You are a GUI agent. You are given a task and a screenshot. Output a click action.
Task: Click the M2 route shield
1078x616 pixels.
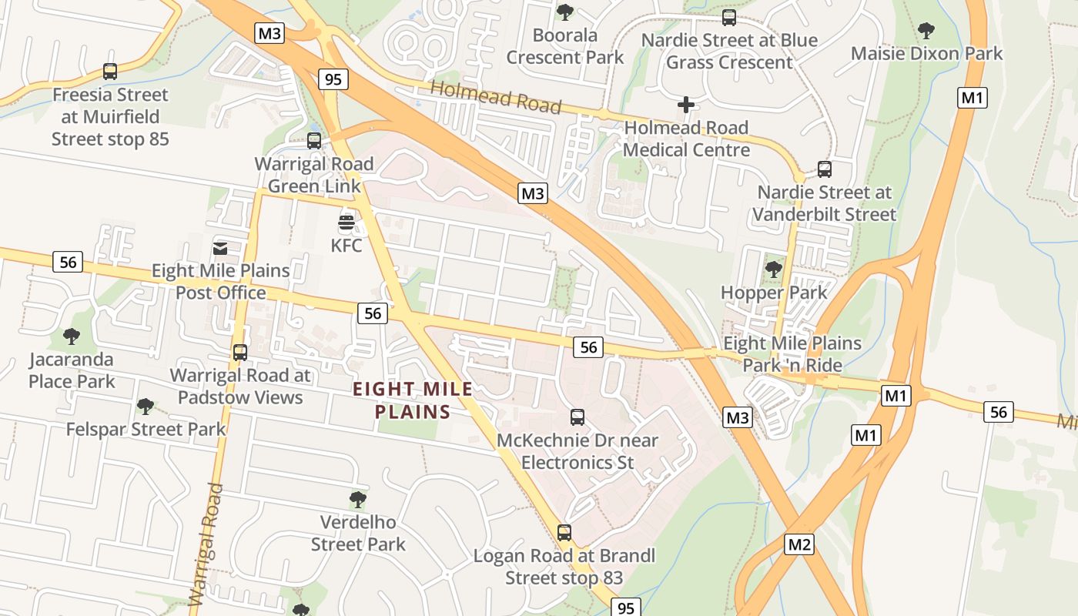tap(798, 545)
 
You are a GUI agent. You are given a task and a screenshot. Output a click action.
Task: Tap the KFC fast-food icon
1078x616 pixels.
tap(346, 224)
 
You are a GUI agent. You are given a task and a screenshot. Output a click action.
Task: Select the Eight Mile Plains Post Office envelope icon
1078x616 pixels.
tap(220, 248)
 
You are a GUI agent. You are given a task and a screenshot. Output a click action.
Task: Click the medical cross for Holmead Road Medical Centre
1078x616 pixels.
tap(685, 105)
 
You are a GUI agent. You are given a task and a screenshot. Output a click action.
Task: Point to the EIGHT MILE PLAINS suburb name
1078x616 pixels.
tap(413, 400)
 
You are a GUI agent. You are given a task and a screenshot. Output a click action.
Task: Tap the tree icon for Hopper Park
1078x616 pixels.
tap(773, 269)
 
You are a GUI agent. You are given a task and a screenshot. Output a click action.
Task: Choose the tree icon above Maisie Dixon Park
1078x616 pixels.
tap(926, 31)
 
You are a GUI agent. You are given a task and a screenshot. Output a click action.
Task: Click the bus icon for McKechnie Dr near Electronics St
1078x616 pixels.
tap(577, 417)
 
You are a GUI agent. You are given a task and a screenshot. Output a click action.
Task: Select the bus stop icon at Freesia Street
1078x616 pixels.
tap(110, 72)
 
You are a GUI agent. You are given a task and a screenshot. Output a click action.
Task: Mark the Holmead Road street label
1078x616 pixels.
tap(496, 97)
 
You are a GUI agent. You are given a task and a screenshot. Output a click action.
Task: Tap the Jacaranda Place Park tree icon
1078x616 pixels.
tap(72, 336)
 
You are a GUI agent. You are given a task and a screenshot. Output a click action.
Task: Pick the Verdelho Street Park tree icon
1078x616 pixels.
tap(357, 499)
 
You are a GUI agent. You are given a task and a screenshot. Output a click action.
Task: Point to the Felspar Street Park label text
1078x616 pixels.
tap(146, 429)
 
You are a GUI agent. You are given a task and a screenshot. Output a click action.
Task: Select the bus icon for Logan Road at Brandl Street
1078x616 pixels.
tap(564, 532)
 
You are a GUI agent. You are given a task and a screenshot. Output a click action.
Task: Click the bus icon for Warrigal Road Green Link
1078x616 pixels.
tap(314, 141)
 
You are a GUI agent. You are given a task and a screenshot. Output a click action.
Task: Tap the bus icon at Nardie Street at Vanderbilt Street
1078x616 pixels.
tap(824, 169)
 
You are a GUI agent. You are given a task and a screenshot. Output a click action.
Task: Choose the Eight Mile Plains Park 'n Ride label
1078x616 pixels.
tap(792, 353)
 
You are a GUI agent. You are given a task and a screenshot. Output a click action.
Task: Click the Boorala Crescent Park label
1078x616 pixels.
tap(565, 46)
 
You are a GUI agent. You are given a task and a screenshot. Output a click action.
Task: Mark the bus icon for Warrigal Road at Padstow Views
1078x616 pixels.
tap(240, 353)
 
